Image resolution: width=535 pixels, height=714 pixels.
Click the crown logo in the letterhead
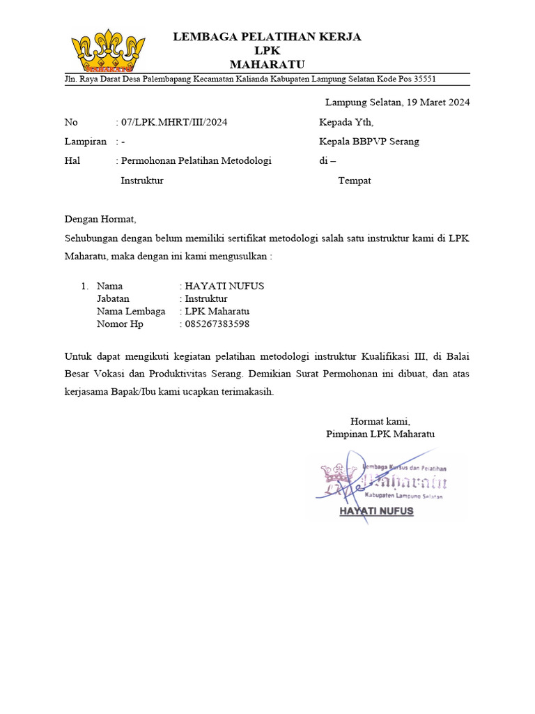click(108, 51)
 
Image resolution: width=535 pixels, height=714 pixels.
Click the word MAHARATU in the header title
click(267, 65)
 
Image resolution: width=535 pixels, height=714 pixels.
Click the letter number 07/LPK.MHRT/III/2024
click(174, 123)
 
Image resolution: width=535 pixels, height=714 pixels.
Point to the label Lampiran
click(85, 142)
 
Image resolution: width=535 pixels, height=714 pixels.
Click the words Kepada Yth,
click(346, 123)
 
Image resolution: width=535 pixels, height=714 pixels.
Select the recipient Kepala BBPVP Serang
click(369, 142)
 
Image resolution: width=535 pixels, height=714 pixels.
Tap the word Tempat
click(355, 181)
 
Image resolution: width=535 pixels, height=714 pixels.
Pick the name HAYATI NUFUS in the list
click(224, 287)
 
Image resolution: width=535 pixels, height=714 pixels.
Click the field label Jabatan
click(113, 299)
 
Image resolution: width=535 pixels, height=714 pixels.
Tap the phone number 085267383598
click(217, 324)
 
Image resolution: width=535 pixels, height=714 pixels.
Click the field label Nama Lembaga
click(131, 312)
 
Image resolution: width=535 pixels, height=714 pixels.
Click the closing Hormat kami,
click(380, 422)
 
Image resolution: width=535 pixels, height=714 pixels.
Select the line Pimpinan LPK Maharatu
click(380, 434)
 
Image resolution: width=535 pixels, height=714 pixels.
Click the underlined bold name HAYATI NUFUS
click(376, 511)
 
